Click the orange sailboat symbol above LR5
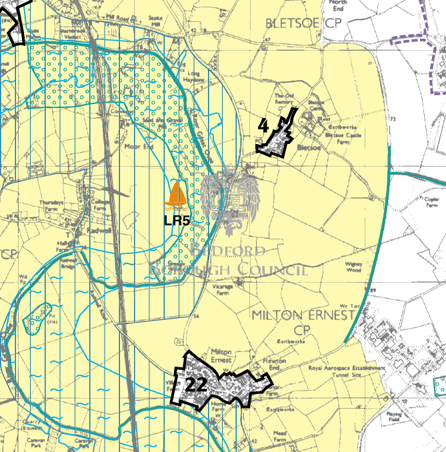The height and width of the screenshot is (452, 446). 177,194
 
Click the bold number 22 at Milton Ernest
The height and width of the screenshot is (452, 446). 196,385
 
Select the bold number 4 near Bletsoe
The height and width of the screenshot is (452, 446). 263,125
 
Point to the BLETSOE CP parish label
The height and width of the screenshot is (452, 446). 303,24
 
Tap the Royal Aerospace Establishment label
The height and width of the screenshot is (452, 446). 347,369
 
